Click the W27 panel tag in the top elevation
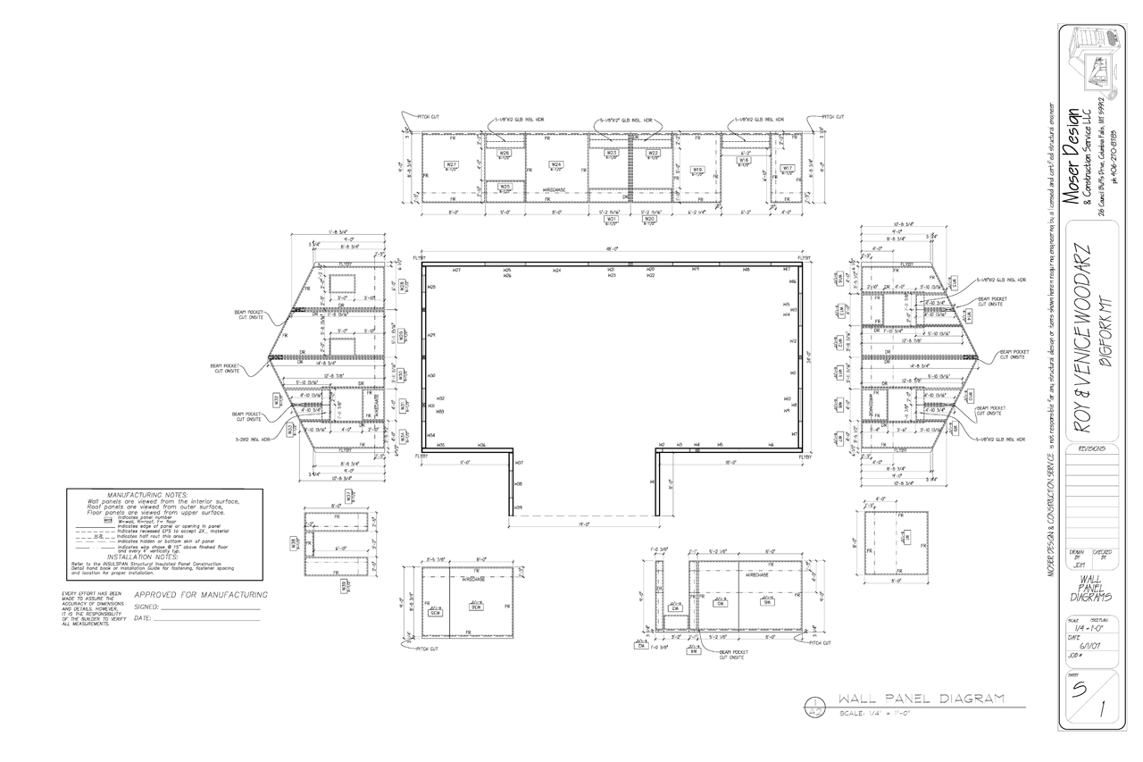[452, 164]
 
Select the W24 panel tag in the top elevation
[555, 164]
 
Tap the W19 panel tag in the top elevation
[697, 169]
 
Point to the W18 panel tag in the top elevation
[743, 161]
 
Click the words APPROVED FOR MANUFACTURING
[201, 595]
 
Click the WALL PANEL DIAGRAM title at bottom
[922, 699]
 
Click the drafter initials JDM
[1077, 564]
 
